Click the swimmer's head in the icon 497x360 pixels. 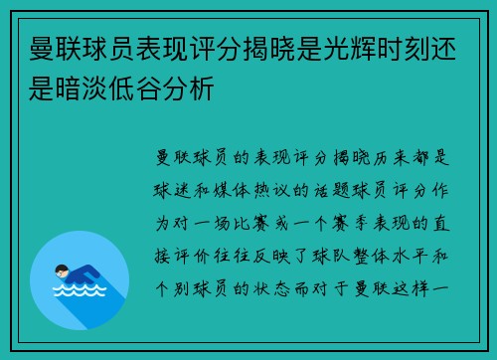pos(62,268)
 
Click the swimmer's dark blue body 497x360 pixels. pos(84,274)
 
